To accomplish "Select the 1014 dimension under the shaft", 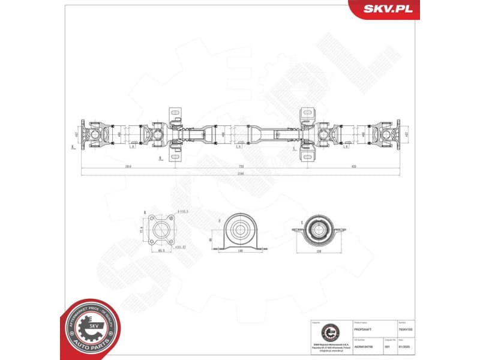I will point(128,166).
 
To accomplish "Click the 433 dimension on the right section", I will point(354,166).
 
